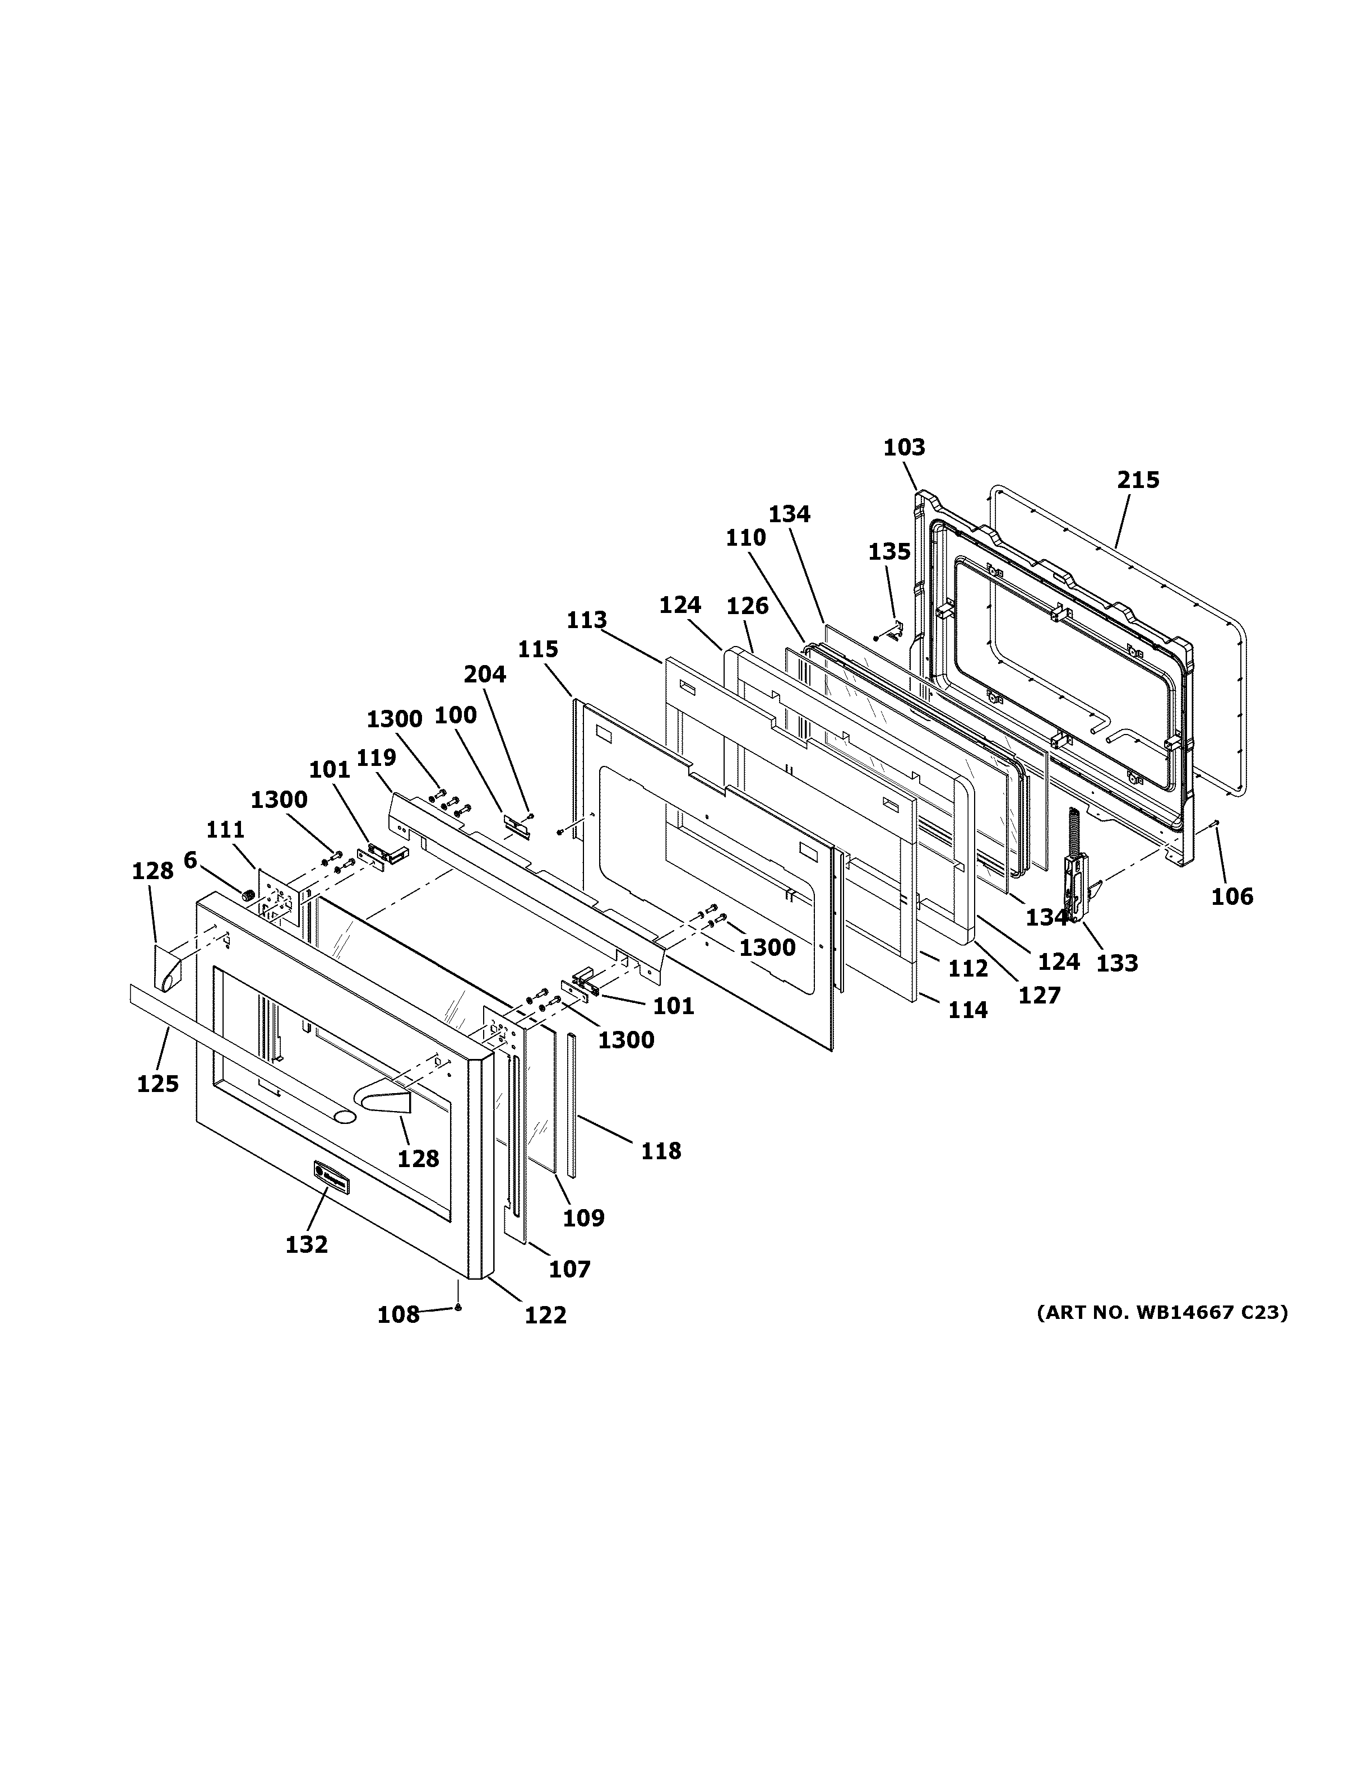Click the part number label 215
(x=1138, y=480)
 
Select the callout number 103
(x=905, y=448)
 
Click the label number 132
(x=307, y=1244)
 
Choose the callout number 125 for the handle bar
(x=157, y=1084)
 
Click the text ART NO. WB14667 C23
(x=1162, y=1313)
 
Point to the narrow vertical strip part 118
(x=572, y=1105)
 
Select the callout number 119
(x=376, y=758)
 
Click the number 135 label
(x=889, y=552)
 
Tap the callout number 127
(x=1040, y=996)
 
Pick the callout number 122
(x=545, y=1315)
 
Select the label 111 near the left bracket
(x=225, y=830)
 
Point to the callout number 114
(x=967, y=1010)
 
